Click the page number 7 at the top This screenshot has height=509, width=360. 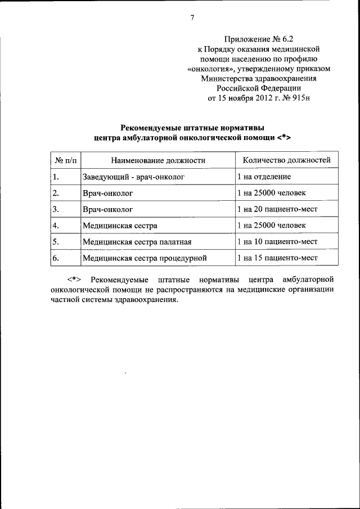(x=192, y=17)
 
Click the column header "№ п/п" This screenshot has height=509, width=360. (x=63, y=160)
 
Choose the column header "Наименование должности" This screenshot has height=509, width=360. (x=157, y=160)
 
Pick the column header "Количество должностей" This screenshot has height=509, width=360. (x=286, y=160)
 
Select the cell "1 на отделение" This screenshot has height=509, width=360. (x=264, y=177)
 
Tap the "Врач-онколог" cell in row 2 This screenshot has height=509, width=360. (x=107, y=193)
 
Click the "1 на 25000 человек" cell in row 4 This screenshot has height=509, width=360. (x=272, y=226)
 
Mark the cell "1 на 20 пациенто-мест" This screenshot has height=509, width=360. (x=277, y=209)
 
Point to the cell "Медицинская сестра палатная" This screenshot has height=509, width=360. (x=137, y=242)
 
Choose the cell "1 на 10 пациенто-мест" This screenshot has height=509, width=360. (x=277, y=242)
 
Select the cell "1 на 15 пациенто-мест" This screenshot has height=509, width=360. (x=277, y=258)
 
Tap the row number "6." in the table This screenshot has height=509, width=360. (x=56, y=258)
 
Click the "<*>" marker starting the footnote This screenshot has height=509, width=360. (x=75, y=280)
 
